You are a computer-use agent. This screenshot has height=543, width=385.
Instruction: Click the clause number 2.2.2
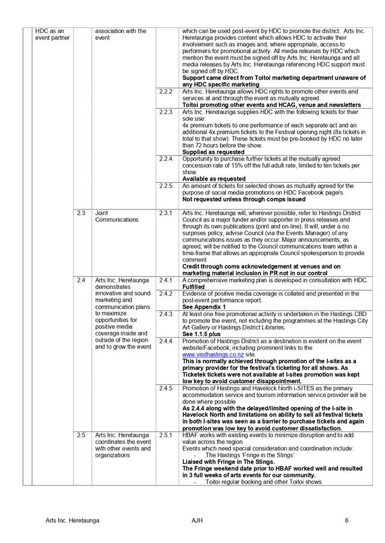pos(166,92)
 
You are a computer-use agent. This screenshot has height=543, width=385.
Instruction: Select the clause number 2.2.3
pos(166,112)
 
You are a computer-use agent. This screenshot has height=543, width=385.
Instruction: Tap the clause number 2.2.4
pos(166,159)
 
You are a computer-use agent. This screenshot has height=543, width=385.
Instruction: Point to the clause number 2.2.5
pos(166,186)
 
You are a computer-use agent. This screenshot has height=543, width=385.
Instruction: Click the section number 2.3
pos(81,213)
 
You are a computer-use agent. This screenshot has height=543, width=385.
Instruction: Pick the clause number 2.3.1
pos(166,213)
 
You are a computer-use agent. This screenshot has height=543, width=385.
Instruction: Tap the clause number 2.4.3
pos(166,314)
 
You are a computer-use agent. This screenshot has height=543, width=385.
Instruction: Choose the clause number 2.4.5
pos(166,388)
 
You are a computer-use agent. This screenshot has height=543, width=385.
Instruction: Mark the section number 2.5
pos(81,435)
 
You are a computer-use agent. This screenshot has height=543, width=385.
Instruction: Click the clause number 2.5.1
pos(166,435)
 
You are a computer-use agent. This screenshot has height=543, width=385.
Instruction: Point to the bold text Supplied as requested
pos(213,152)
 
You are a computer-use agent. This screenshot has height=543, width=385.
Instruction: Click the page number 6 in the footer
pos(347,520)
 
